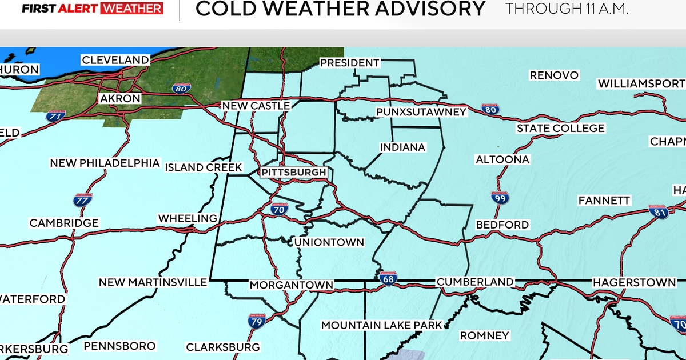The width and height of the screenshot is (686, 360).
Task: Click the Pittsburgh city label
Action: coord(294,172)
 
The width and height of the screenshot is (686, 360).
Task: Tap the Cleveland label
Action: coord(115,60)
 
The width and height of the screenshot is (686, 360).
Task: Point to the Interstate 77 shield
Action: coord(82,201)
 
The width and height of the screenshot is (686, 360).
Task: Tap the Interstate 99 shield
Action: coord(499,198)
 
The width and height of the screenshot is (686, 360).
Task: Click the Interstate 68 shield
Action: coord(387,277)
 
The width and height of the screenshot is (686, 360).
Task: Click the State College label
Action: coord(560,129)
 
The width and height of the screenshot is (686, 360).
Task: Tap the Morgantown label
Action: coord(291,285)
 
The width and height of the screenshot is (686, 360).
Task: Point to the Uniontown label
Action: coord(329,242)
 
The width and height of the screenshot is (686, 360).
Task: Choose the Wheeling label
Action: coord(188,218)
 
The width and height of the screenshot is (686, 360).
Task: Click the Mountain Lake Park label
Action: coord(382,325)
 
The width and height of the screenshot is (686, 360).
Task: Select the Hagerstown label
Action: coord(634,282)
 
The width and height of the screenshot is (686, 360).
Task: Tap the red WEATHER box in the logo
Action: coord(131,9)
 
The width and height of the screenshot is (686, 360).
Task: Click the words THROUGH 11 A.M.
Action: coord(567,9)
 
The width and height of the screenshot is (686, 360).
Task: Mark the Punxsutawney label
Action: coord(421,112)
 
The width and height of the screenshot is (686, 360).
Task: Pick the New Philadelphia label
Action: coord(105,163)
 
